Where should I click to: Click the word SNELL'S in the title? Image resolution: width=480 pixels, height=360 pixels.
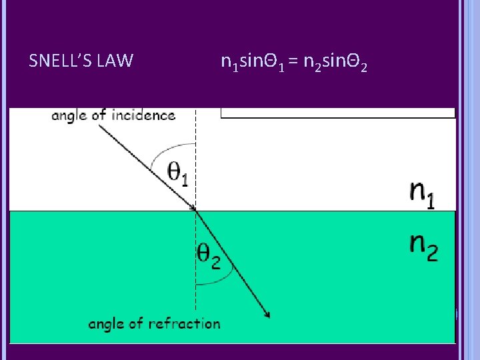click(61, 61)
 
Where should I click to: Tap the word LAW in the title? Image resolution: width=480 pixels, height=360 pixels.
click(115, 61)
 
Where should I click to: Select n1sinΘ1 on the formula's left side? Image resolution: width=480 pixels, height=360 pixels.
click(253, 63)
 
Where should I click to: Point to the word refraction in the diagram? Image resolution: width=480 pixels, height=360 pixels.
click(184, 324)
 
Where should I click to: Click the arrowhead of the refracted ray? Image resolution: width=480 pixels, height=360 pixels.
click(267, 313)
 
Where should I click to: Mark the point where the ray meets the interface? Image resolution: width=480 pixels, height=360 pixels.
click(195, 211)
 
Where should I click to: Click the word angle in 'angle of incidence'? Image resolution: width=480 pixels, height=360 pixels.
click(69, 115)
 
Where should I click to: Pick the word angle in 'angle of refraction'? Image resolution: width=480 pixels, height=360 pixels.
click(105, 324)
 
